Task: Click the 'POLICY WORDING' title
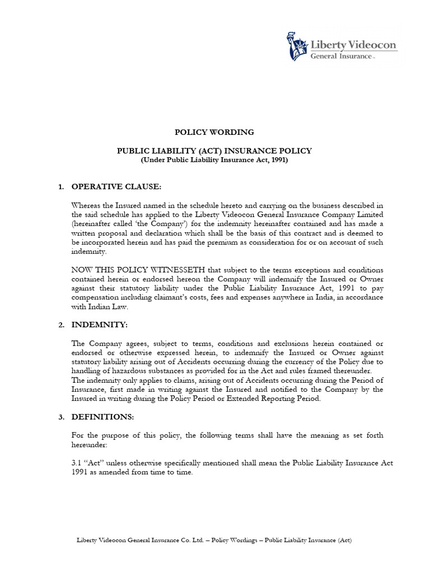tap(214, 133)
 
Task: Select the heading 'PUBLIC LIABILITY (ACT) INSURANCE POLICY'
tap(214, 151)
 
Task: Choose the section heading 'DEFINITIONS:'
tap(104, 417)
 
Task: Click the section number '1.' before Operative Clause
tap(62, 186)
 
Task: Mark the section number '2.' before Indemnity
tap(62, 325)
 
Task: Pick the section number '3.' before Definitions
tap(62, 417)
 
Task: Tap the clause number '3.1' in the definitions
tap(77, 463)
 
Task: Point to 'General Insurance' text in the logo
tap(341, 56)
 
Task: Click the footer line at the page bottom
tap(214, 540)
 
